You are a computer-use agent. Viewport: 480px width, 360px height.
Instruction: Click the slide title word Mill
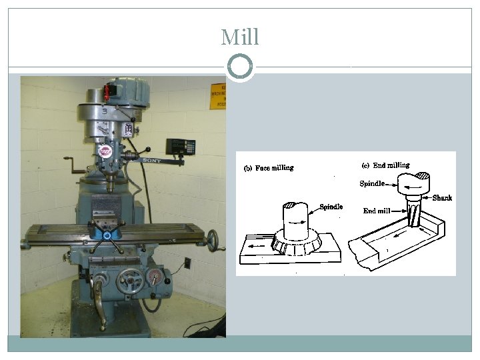click(240, 37)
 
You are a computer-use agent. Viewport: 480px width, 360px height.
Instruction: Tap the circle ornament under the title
click(240, 67)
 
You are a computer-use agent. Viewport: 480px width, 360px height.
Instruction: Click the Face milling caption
click(267, 168)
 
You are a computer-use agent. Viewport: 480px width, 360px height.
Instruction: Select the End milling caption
click(386, 165)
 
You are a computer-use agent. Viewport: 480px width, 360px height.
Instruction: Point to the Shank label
click(442, 198)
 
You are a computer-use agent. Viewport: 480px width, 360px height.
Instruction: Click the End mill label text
click(377, 211)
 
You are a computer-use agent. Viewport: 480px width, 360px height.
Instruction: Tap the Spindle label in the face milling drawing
click(331, 207)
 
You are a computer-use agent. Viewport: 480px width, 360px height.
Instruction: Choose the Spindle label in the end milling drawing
click(372, 184)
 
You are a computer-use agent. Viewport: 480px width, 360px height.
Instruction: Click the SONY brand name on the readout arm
click(152, 161)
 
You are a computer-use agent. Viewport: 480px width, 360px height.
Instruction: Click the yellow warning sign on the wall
click(218, 96)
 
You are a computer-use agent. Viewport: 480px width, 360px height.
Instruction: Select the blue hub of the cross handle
click(107, 234)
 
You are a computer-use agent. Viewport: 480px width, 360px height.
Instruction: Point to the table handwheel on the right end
click(213, 239)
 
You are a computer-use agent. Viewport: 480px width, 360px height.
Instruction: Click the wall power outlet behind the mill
click(187, 263)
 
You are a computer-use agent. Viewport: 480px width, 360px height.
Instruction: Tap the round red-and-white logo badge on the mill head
click(105, 151)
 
